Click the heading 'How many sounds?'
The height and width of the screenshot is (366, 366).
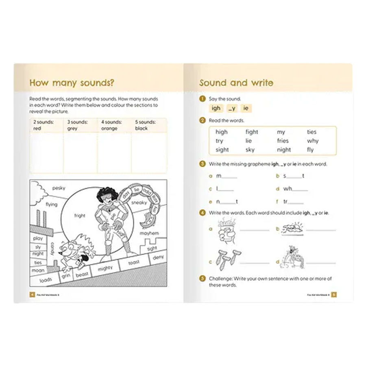pyautogui.click(x=72, y=83)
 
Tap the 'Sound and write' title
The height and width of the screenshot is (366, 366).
pyautogui.click(x=236, y=83)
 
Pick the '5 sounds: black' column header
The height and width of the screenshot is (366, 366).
pyautogui.click(x=145, y=125)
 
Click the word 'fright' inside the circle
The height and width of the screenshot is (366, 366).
pyautogui.click(x=80, y=216)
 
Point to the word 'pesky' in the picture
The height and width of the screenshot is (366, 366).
pyautogui.click(x=59, y=188)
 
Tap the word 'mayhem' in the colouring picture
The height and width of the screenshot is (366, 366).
pyautogui.click(x=149, y=233)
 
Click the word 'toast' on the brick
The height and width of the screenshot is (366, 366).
pyautogui.click(x=134, y=263)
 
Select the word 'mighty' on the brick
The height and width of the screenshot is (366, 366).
pyautogui.click(x=105, y=268)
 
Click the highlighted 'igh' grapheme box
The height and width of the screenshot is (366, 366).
pyautogui.click(x=216, y=108)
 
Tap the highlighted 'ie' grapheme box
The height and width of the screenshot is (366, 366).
pyautogui.click(x=246, y=108)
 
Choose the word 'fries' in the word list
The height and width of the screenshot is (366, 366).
pyautogui.click(x=283, y=141)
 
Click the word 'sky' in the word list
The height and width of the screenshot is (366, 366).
pyautogui.click(x=250, y=150)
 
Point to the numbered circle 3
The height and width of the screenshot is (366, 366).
pyautogui.click(x=202, y=164)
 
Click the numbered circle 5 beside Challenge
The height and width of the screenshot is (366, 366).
pyautogui.click(x=202, y=279)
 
